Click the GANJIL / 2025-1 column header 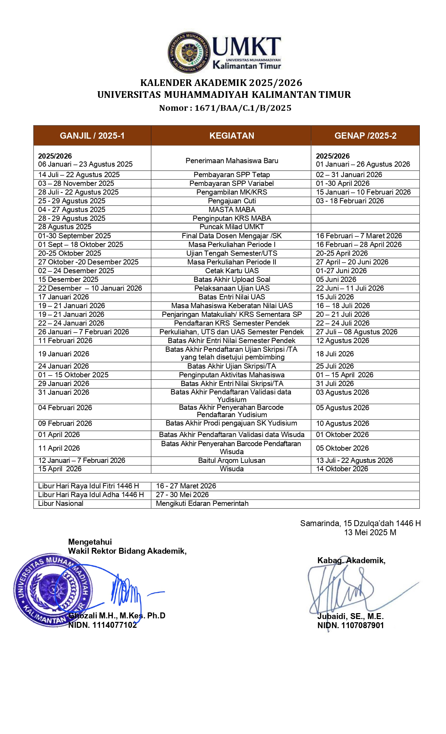tap(92, 136)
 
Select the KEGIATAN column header tap(232, 136)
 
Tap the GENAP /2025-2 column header tap(365, 136)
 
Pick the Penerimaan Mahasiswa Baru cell tap(232, 161)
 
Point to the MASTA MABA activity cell tap(232, 210)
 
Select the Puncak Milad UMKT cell tap(232, 227)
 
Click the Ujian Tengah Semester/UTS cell tap(232, 253)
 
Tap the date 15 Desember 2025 tap(68, 279)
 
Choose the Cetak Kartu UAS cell tap(232, 271)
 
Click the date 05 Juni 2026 tap(336, 279)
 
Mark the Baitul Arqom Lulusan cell tap(232, 460)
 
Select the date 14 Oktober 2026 tap(342, 469)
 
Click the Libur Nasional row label tap(61, 503)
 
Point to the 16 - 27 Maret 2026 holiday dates tap(186, 486)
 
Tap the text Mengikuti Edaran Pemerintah tap(202, 503)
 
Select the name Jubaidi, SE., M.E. tap(351, 616)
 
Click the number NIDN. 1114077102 tap(102, 625)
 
